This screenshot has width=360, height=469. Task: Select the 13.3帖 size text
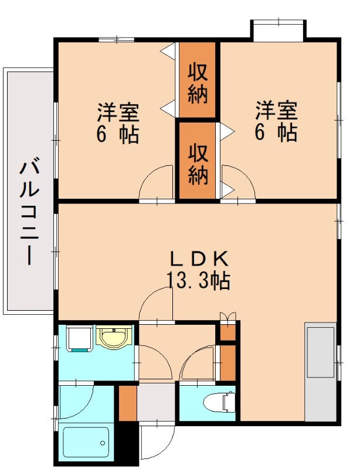coord(198,281)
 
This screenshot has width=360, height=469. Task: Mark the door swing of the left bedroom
coord(155,183)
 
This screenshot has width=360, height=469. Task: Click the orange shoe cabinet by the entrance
coord(127,403)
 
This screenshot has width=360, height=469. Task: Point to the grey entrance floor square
coord(157,403)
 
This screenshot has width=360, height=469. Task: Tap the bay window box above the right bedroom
coord(279,30)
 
